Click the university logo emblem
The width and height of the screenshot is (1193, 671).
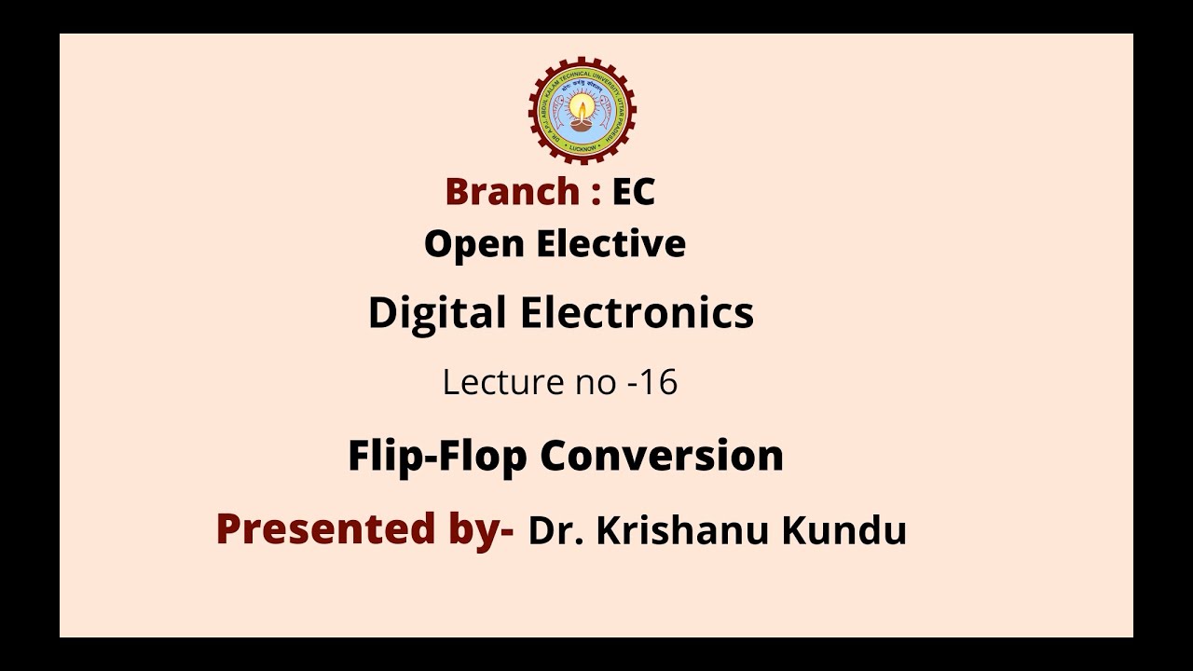coord(583,110)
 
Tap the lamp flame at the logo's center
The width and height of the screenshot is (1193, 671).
coord(583,104)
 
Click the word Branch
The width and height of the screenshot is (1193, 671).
coord(512,192)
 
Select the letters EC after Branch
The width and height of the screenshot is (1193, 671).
coord(634,192)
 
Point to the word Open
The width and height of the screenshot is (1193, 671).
coord(474,244)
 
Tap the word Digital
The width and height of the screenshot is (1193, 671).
coord(437,313)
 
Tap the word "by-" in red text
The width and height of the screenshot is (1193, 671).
coord(479,529)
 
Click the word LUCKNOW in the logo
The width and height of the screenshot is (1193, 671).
coord(583,146)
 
